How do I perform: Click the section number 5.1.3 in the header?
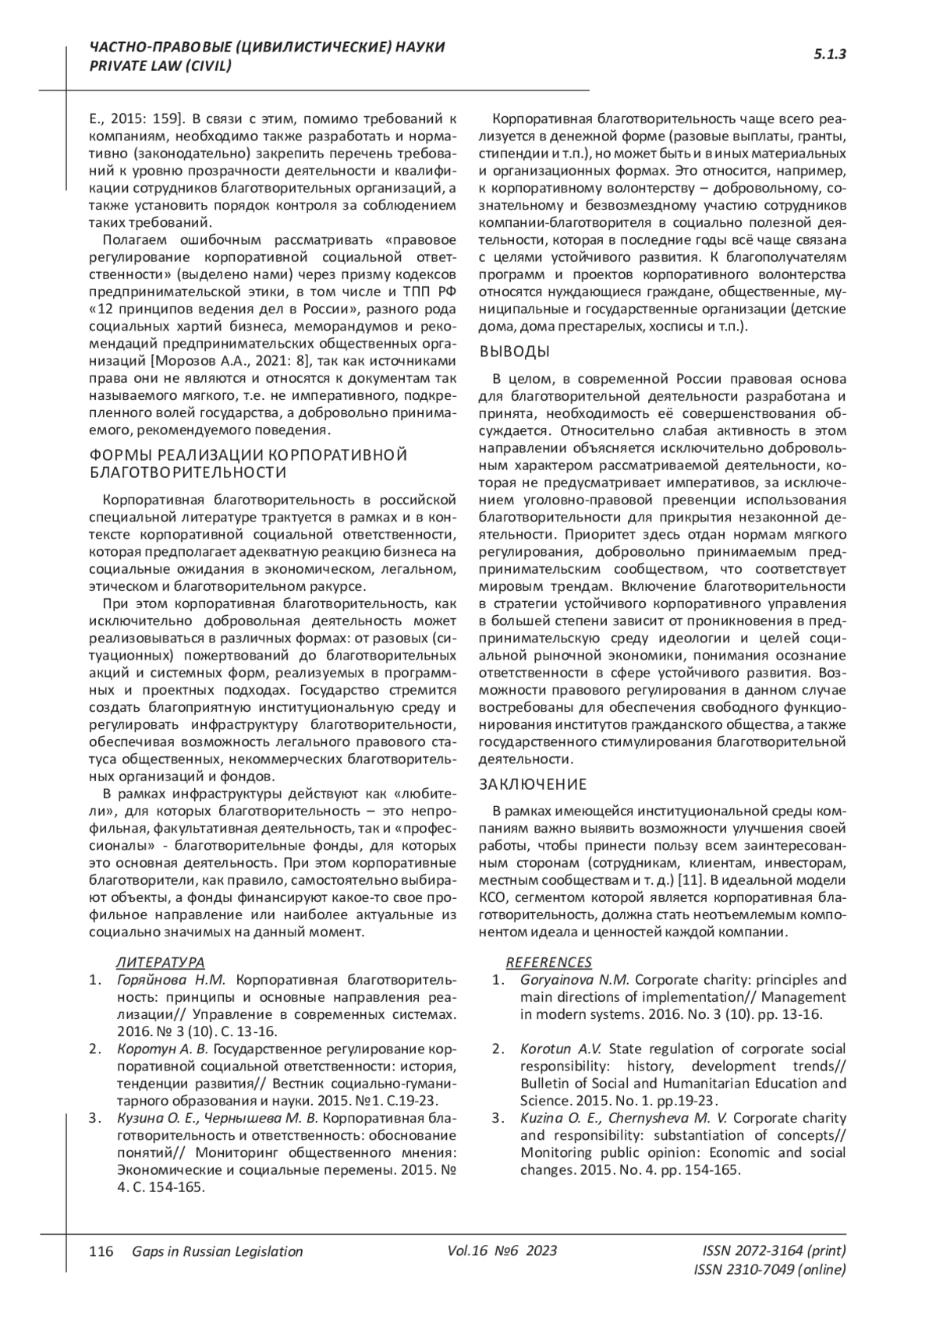coord(830,55)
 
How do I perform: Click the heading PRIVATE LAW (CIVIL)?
coord(161,66)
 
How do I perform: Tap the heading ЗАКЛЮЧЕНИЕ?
coord(533,784)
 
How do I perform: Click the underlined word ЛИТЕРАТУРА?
coord(160,962)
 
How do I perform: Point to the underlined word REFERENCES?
coord(549,962)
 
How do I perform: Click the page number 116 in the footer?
coord(101,1251)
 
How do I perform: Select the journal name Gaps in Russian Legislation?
coord(218,1251)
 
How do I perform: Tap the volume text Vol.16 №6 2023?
coord(502,1250)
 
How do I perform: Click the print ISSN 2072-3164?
coord(774,1250)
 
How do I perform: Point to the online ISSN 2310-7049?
coord(769,1269)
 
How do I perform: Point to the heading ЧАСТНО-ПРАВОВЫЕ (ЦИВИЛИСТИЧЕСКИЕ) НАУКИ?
coord(268,48)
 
